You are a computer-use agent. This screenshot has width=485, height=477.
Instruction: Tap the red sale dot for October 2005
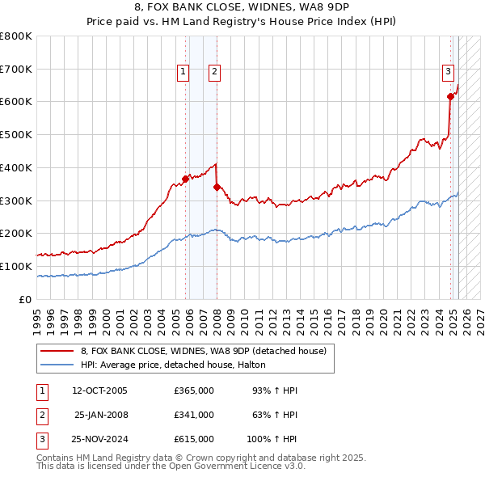186,179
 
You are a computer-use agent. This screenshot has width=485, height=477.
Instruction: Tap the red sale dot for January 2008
217,187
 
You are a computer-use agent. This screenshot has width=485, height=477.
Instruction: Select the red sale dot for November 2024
450,96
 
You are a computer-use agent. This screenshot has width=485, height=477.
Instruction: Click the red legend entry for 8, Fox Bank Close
203,351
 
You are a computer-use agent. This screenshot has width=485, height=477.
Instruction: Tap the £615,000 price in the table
194,440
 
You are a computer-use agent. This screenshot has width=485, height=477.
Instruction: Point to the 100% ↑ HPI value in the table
272,440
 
